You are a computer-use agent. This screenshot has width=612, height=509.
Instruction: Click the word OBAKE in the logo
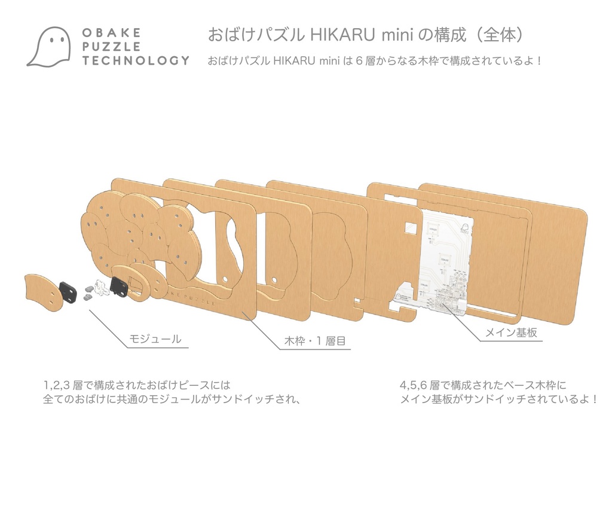[x=111, y=33]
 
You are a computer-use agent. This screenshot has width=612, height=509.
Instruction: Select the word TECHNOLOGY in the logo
[x=136, y=60]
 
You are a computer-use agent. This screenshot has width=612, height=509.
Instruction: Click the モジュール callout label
[x=155, y=339]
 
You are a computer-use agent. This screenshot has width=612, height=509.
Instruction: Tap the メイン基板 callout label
[x=510, y=333]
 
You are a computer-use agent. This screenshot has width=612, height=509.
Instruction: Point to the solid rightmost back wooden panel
[x=556, y=257]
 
